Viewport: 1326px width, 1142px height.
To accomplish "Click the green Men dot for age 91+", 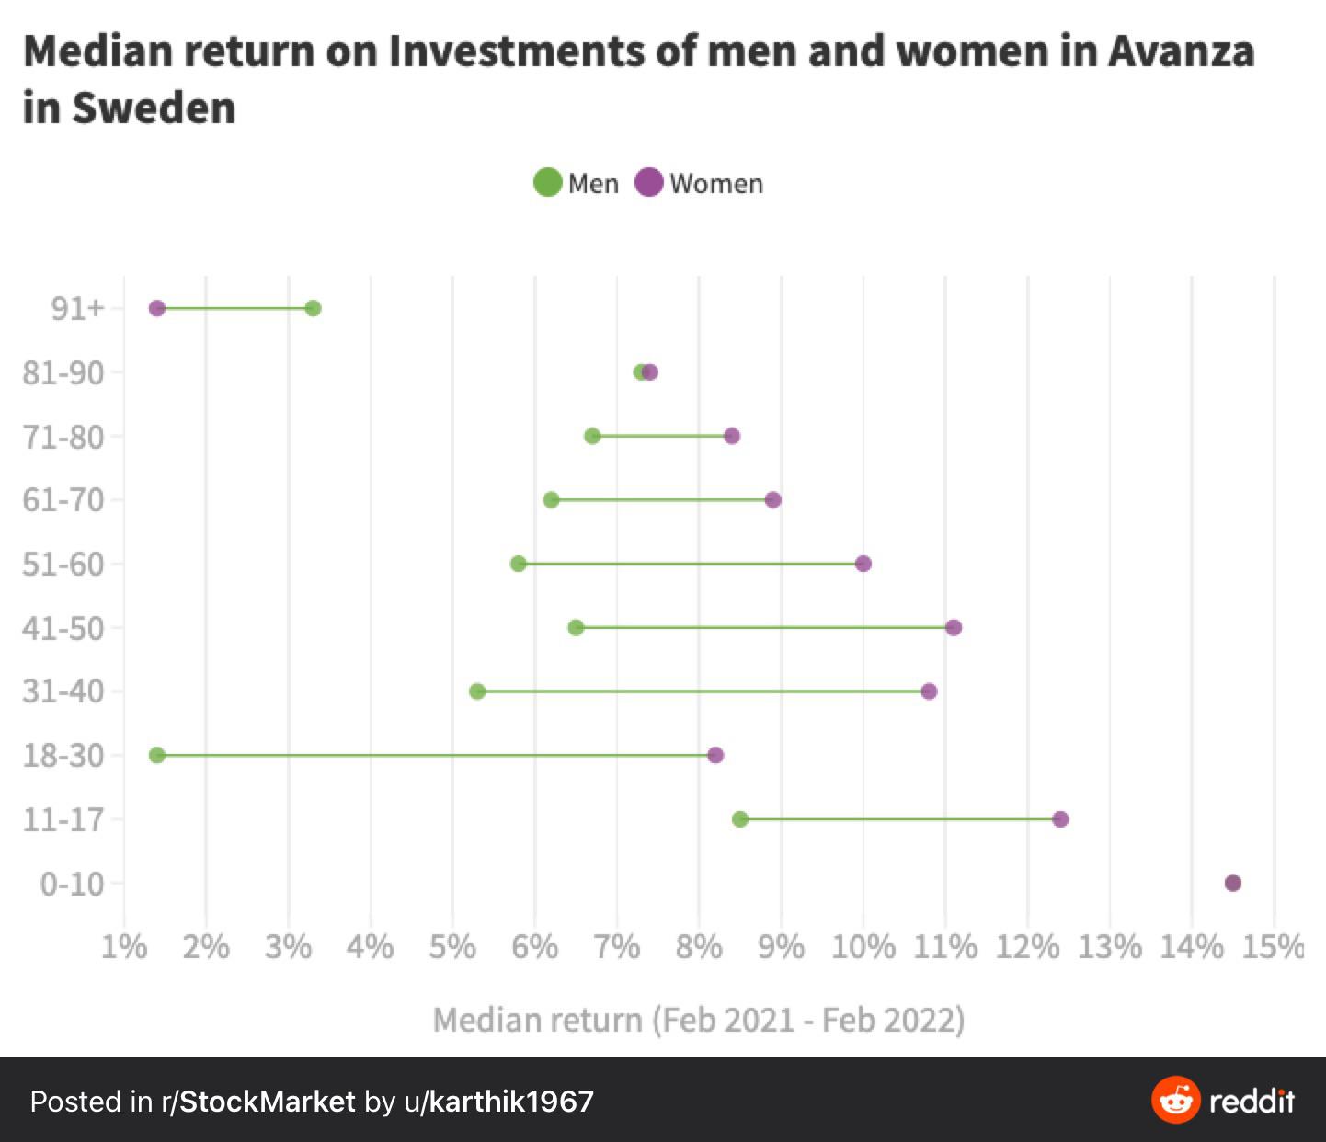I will (x=313, y=308).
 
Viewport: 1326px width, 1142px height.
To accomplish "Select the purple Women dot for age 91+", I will (x=157, y=308).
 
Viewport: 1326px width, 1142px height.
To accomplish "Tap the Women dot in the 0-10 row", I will (x=1233, y=883).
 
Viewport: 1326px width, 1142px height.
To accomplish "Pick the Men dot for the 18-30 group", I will (x=157, y=755).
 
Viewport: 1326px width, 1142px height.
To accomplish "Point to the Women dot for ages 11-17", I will (x=1060, y=818).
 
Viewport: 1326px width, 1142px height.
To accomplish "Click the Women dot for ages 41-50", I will (x=954, y=627).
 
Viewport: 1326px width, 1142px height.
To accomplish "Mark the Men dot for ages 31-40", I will (x=477, y=691).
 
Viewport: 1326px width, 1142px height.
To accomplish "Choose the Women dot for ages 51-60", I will (x=863, y=564).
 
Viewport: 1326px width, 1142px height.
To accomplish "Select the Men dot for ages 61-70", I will (x=551, y=499).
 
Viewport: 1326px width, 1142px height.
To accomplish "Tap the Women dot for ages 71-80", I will (x=732, y=436).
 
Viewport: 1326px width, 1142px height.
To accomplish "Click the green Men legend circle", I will (x=548, y=182).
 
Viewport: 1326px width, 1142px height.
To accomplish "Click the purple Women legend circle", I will (x=649, y=182).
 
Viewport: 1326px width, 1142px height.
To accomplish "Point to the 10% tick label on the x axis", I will (x=863, y=946).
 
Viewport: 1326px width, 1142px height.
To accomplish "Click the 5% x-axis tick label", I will (x=452, y=946).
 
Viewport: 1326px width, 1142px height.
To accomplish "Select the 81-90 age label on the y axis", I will (x=63, y=372).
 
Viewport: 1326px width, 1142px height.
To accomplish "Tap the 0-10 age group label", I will (x=72, y=884).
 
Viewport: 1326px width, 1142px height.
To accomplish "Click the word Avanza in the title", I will (x=1181, y=51).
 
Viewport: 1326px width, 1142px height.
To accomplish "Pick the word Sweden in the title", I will (x=154, y=108).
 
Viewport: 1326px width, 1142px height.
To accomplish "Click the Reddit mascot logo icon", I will (x=1175, y=1100).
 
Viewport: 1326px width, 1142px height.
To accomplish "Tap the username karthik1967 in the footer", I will (x=511, y=1102).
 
